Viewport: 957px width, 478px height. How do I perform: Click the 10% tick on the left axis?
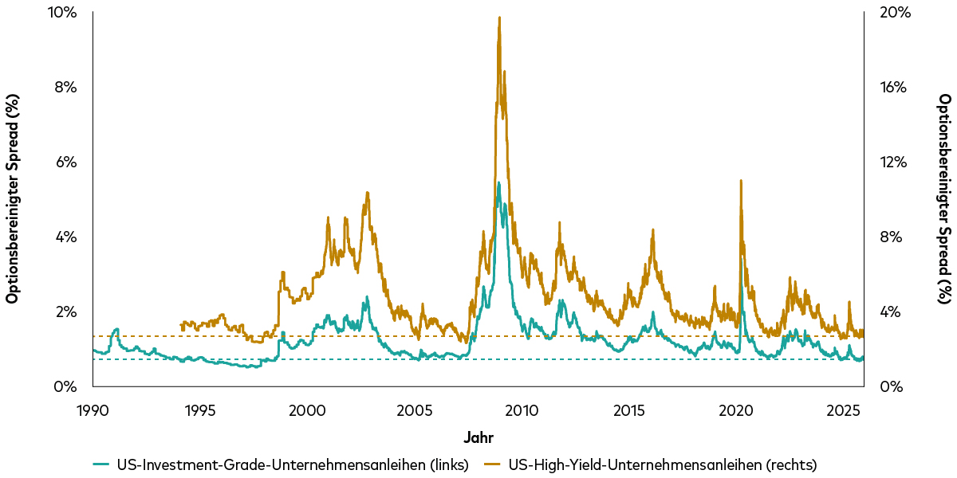(x=62, y=13)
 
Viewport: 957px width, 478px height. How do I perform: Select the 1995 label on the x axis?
(x=200, y=410)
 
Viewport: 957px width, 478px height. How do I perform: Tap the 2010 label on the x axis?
(x=522, y=410)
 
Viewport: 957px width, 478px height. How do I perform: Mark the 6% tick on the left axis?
(x=65, y=163)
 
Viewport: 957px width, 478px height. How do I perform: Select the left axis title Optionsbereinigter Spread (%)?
(x=13, y=199)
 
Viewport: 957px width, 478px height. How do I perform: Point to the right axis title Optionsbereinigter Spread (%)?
(x=944, y=199)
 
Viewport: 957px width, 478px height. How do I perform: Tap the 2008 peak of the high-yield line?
(x=499, y=18)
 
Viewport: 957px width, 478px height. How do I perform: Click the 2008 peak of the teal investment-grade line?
(x=498, y=182)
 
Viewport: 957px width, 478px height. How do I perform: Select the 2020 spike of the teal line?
(x=742, y=257)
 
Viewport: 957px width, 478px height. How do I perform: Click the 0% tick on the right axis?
(x=886, y=387)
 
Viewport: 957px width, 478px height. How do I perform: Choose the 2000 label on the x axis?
(x=307, y=410)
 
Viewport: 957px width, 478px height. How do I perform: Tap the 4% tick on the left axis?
(x=65, y=237)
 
